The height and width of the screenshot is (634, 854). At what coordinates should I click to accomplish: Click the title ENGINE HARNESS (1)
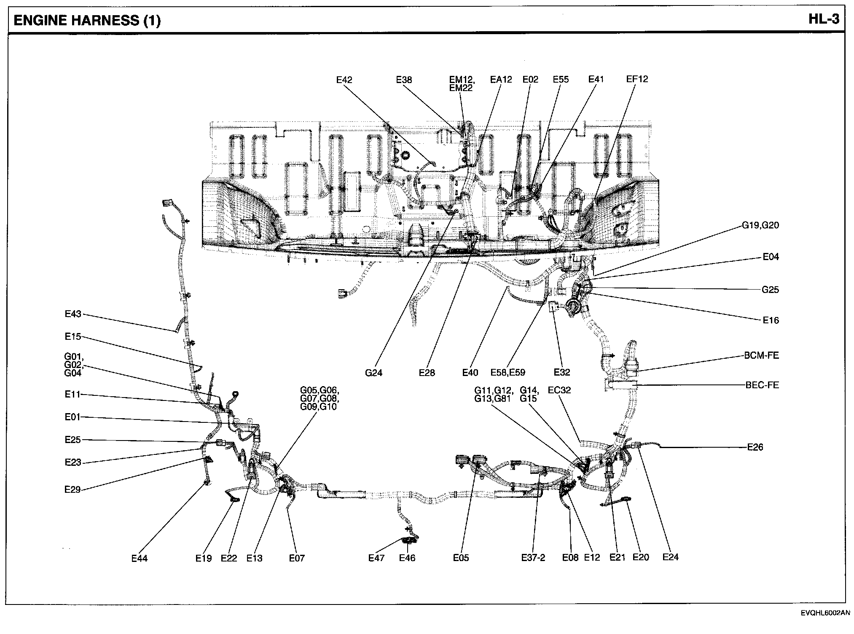coord(87,20)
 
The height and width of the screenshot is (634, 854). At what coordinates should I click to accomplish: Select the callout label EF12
coord(637,79)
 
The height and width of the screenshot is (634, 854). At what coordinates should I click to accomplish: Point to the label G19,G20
coord(760,225)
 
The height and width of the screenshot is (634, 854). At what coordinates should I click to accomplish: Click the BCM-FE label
coord(761,355)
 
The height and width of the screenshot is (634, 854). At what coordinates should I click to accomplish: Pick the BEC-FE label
coord(762,385)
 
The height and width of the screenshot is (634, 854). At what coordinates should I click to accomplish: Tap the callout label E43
coord(73,314)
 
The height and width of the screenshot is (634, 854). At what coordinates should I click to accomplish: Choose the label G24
coord(373,373)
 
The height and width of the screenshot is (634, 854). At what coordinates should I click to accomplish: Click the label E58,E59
coord(508,373)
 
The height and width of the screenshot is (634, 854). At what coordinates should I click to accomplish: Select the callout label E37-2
coord(533,558)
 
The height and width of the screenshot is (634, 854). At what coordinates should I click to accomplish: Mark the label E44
coord(139,558)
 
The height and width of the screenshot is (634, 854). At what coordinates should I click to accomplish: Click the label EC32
coord(559,390)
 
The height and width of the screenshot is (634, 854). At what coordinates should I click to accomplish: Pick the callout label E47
coord(376,558)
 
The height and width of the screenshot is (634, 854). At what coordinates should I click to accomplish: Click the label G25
coord(770,290)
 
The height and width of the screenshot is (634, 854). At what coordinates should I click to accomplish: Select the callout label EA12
coord(501,79)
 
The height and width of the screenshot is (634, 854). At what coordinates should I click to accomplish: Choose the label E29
coord(73,489)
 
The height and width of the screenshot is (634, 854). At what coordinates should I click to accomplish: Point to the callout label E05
coord(461,558)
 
